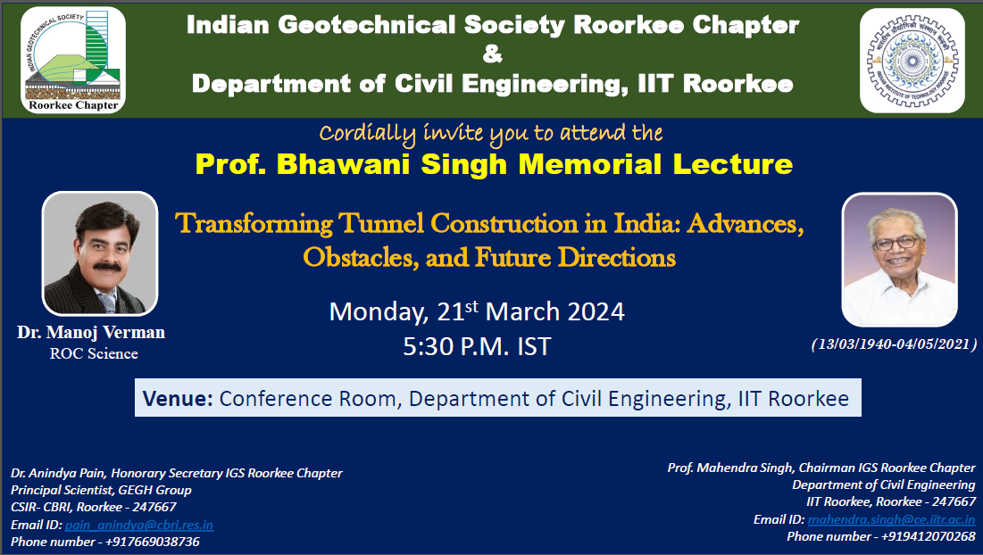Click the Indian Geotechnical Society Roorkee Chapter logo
[x=73, y=60]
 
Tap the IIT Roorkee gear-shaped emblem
[x=912, y=61]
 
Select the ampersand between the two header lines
[x=493, y=54]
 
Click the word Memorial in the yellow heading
[x=589, y=164]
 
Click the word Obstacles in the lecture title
[x=361, y=258]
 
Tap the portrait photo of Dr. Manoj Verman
[x=100, y=253]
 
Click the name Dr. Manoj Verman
[x=91, y=332]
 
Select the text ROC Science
[x=94, y=354]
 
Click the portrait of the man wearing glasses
[x=899, y=260]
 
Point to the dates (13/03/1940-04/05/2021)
[x=895, y=344]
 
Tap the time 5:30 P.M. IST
[x=477, y=346]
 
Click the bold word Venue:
[x=178, y=398]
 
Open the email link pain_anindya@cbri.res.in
[x=139, y=525]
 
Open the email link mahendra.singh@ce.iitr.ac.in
[x=891, y=519]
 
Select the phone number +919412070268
[x=929, y=536]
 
